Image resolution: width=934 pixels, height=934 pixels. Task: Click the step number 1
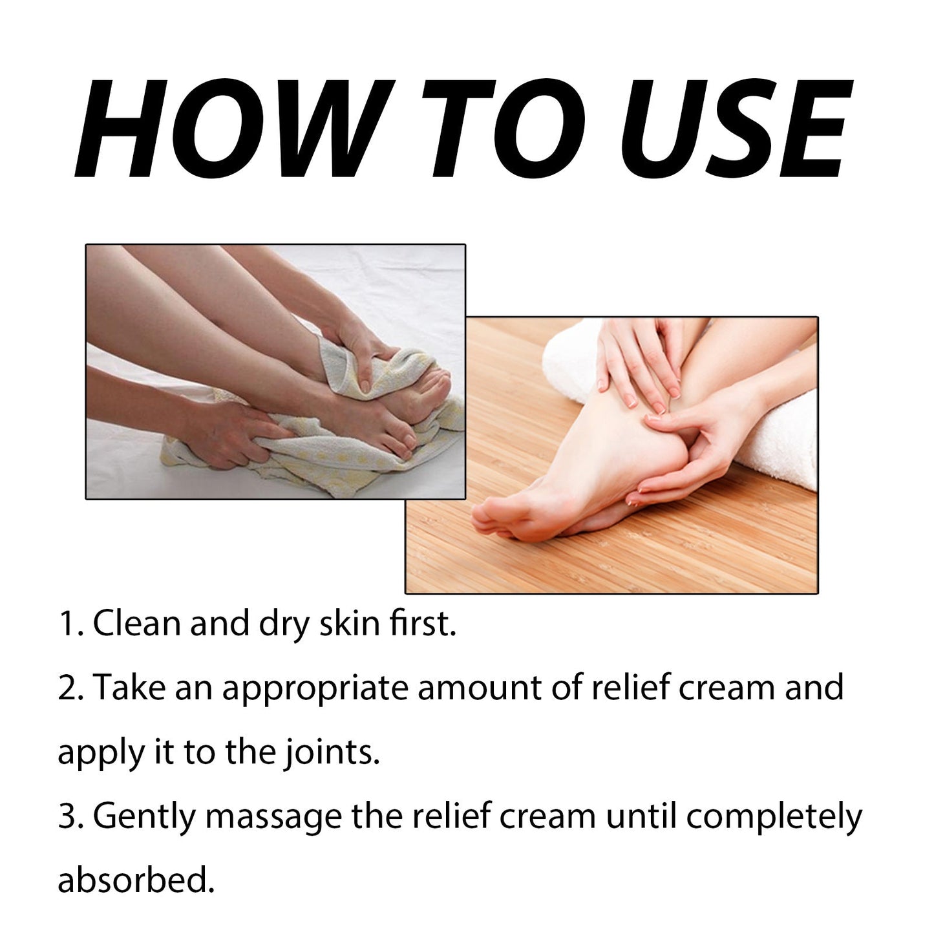[x=67, y=624]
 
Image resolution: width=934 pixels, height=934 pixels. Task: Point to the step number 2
[x=69, y=688]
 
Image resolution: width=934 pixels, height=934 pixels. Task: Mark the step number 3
[x=69, y=816]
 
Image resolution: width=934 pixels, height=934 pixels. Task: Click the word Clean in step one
[x=136, y=624]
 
